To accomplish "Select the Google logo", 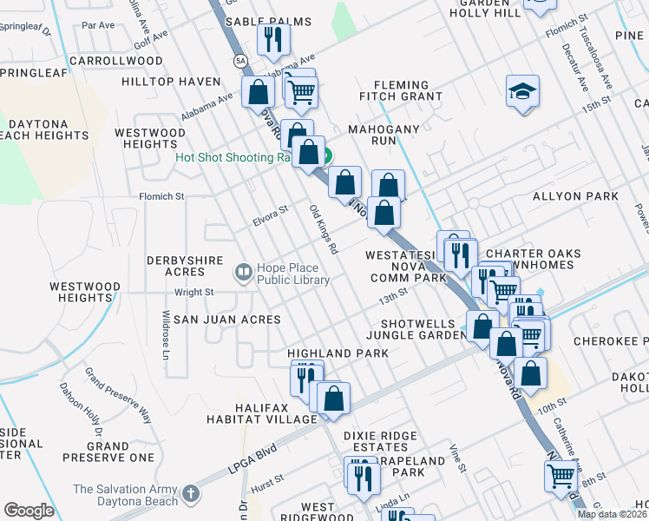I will [x=29, y=511].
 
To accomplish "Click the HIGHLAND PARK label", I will [x=333, y=353].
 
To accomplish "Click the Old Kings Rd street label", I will [x=324, y=229].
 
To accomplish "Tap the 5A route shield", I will [x=239, y=60].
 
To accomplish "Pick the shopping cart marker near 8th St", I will [x=560, y=475].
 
